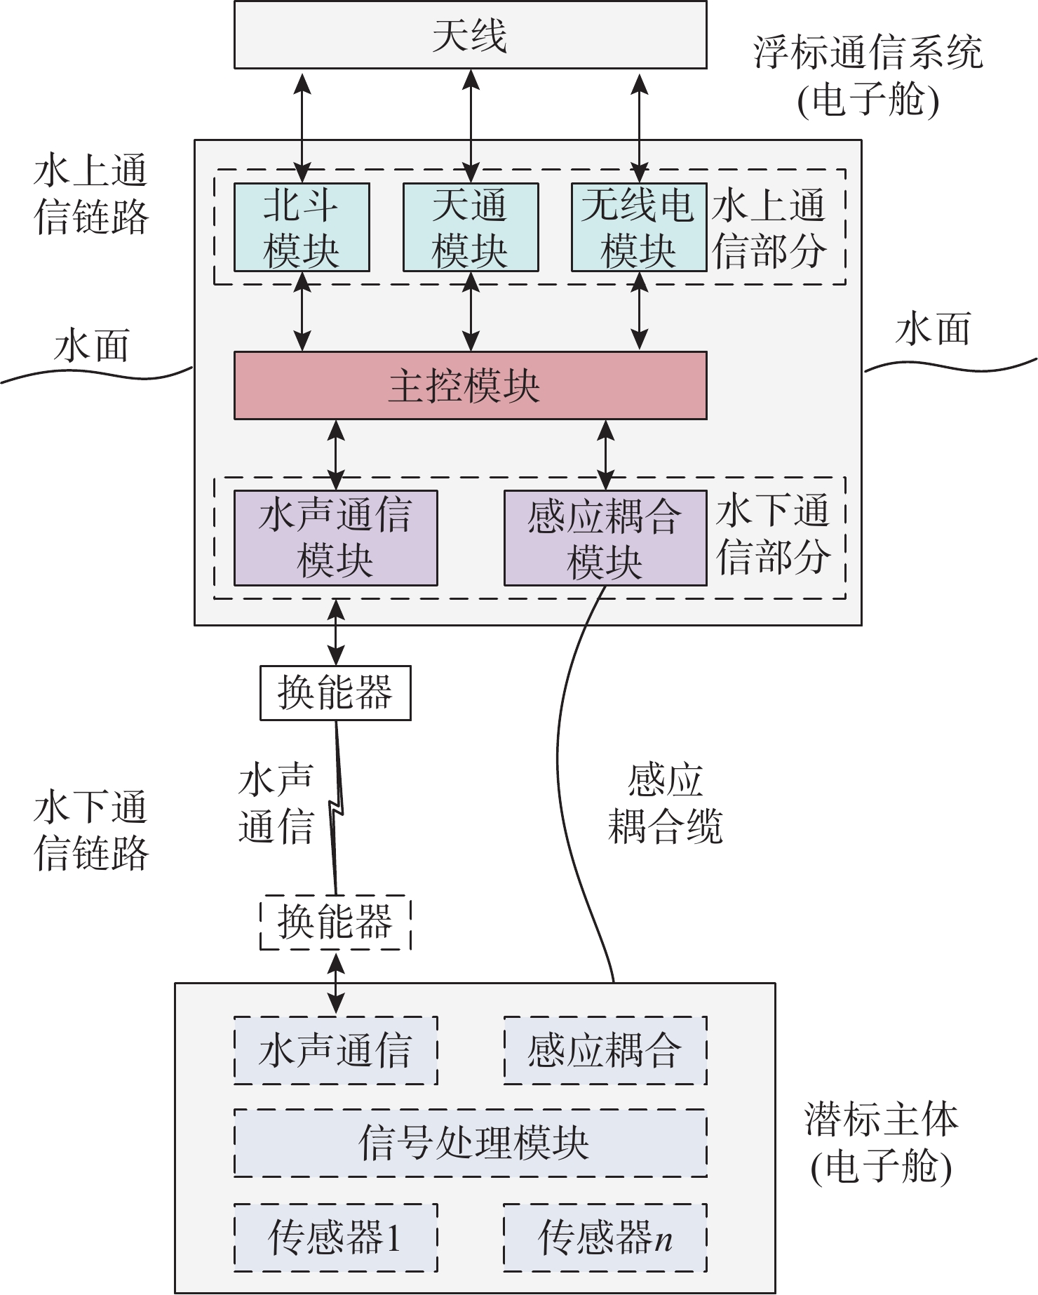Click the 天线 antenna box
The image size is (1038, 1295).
pos(470,35)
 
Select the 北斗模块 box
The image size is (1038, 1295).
pos(302,227)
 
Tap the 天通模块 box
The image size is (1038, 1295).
pos(471,227)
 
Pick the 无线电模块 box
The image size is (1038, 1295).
pos(639,227)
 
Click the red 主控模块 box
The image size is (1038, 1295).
pos(470,385)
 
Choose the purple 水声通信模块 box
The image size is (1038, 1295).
pos(335,538)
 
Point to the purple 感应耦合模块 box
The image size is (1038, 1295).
pos(605,538)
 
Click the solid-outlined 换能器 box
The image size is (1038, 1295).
pos(335,693)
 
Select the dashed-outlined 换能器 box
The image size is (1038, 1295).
pos(335,922)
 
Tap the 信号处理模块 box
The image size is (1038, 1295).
pos(470,1143)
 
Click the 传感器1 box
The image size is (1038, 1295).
pos(335,1237)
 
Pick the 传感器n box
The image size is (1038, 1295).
pos(605,1237)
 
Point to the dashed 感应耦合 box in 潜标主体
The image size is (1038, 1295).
pos(605,1050)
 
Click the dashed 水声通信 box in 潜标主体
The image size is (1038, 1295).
pos(335,1050)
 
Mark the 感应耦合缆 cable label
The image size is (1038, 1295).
pos(665,804)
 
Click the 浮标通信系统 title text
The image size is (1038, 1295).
pos(868,53)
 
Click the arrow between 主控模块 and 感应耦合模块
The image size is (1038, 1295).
pos(606,455)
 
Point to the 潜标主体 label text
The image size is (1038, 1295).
pos(881,1120)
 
